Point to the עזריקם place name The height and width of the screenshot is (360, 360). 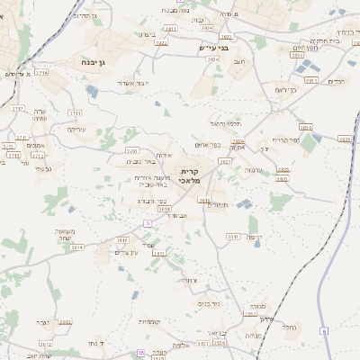77,130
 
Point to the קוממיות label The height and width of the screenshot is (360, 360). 149,321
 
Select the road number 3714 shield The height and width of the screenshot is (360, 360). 41,71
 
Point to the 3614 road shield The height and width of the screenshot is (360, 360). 77,247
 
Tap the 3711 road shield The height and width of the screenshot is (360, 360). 74,113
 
